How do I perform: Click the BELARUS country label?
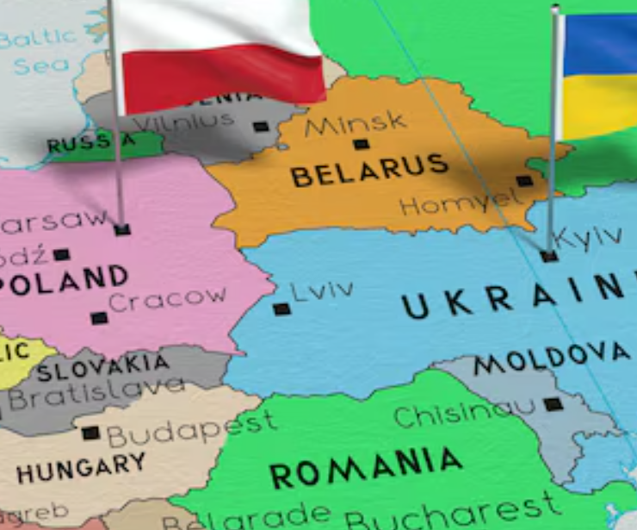[x=369, y=170]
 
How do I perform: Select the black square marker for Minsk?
[x=361, y=144]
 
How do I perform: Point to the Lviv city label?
[x=322, y=290]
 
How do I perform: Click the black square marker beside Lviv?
[x=281, y=309]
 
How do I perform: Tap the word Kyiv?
[x=588, y=237]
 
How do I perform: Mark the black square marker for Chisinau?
[x=553, y=403]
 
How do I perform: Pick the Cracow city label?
[x=167, y=299]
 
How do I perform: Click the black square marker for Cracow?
[x=100, y=318]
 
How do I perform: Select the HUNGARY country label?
[x=82, y=468]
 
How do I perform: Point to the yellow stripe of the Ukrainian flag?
[x=600, y=106]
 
